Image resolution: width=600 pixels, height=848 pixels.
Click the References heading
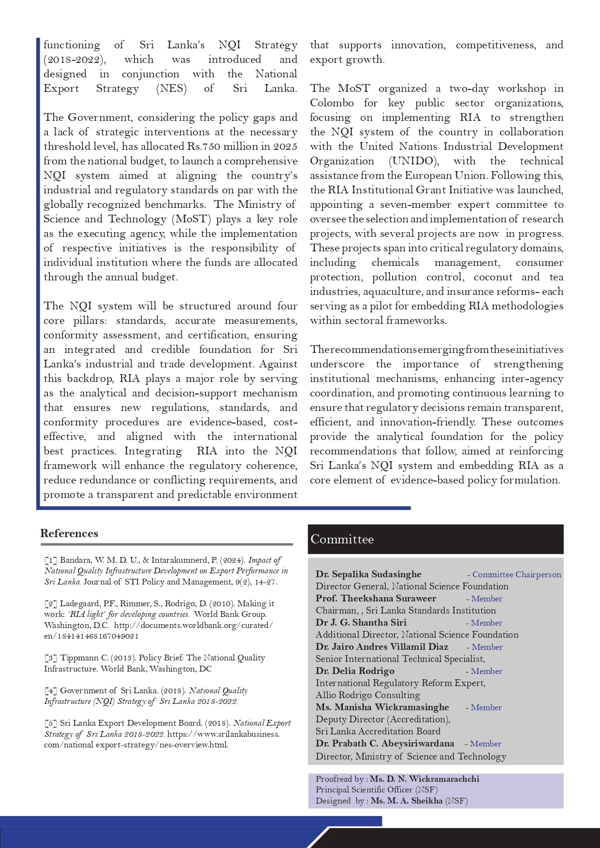point(69,533)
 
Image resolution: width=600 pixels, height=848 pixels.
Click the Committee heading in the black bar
point(342,540)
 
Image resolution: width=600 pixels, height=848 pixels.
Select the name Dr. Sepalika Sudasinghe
point(368,574)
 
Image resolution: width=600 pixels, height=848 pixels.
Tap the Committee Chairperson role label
point(516,574)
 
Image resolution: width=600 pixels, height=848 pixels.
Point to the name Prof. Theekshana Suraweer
point(376,599)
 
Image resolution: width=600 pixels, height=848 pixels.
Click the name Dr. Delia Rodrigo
point(355,671)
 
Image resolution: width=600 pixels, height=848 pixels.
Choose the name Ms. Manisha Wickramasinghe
point(382,707)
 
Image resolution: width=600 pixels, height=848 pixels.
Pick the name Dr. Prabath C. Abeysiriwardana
point(385,744)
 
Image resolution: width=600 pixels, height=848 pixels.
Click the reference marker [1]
point(51,560)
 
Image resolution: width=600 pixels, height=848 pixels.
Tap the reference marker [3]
point(51,658)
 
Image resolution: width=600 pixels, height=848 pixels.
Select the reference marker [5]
point(51,723)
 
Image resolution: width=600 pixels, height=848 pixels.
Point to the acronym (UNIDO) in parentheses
point(413,161)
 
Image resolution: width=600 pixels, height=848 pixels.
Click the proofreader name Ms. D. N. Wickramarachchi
point(424,779)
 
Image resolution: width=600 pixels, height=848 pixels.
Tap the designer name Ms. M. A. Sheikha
point(407,801)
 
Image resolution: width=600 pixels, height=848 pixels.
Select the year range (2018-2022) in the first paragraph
point(74,59)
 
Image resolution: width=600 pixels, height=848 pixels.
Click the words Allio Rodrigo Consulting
point(367,695)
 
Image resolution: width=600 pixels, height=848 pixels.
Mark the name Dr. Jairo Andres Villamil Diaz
point(381,647)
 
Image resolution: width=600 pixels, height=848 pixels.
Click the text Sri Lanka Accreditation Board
point(378,731)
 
